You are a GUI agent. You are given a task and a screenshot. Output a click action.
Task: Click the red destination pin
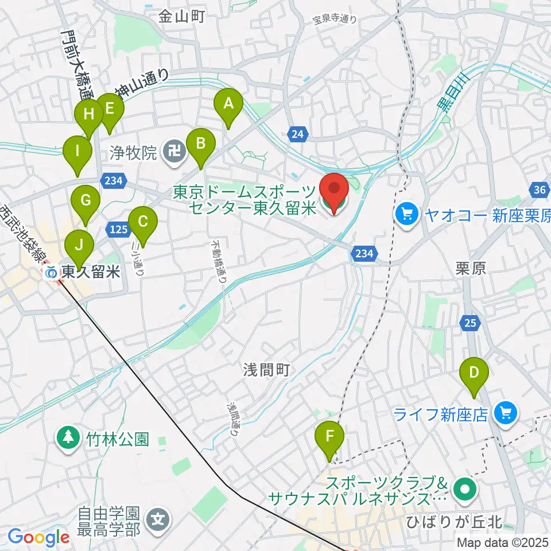tap(333, 192)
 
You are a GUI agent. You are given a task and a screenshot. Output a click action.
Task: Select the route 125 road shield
tap(117, 230)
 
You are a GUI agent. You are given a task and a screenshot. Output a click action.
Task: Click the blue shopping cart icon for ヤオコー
tap(407, 215)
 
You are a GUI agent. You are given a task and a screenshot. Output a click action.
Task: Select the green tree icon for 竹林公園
tap(68, 440)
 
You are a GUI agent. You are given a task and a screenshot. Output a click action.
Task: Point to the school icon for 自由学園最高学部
tap(157, 520)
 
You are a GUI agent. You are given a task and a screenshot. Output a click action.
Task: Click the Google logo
tap(38, 537)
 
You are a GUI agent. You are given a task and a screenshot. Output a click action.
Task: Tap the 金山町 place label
tap(181, 17)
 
